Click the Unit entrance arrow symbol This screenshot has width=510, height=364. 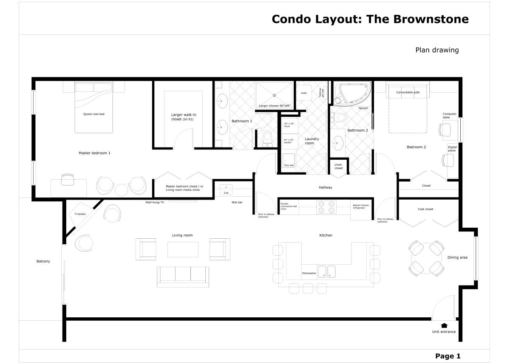(x=444, y=325)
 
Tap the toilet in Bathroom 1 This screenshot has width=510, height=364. (x=267, y=137)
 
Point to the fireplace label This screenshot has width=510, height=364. (x=80, y=214)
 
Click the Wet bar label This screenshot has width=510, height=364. (x=237, y=203)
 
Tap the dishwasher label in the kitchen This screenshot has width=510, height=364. (x=309, y=273)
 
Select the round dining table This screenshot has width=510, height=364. (x=426, y=257)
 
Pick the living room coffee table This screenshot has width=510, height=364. (x=183, y=249)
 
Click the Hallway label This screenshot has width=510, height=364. (x=326, y=187)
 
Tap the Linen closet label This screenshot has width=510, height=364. (x=338, y=166)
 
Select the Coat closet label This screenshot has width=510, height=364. (x=425, y=209)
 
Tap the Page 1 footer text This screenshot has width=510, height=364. (x=448, y=356)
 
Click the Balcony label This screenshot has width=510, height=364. (x=43, y=261)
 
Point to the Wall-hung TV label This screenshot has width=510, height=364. (x=155, y=203)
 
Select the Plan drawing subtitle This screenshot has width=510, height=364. (x=437, y=50)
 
